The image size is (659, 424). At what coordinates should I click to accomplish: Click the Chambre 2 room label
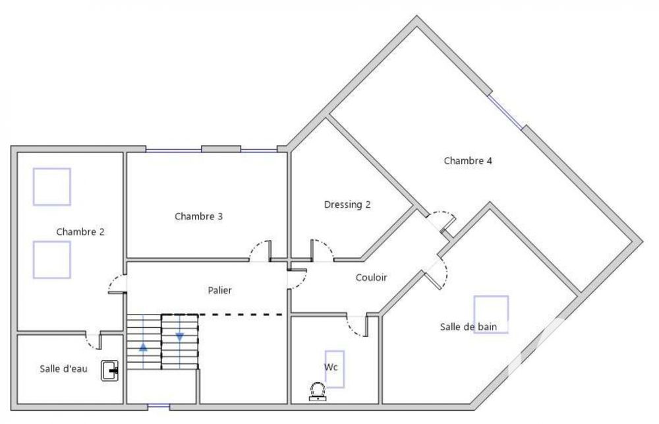pyautogui.click(x=80, y=231)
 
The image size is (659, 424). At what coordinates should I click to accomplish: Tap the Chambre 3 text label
pyautogui.click(x=198, y=216)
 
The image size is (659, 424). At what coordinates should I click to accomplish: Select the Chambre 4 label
pyautogui.click(x=468, y=160)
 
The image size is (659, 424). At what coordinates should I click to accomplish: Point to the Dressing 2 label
pyautogui.click(x=347, y=204)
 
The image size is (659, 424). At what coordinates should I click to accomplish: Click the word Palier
pyautogui.click(x=219, y=289)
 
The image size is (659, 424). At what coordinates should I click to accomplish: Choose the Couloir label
pyautogui.click(x=371, y=278)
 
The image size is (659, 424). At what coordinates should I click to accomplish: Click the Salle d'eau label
pyautogui.click(x=63, y=369)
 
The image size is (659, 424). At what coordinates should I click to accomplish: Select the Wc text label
pyautogui.click(x=330, y=366)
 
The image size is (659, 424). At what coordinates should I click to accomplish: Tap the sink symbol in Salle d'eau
pyautogui.click(x=109, y=371)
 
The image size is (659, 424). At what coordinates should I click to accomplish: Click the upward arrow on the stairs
pyautogui.click(x=143, y=347)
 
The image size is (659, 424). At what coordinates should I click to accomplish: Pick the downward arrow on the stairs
pyautogui.click(x=179, y=337)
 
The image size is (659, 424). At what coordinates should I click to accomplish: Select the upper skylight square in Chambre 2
pyautogui.click(x=52, y=187)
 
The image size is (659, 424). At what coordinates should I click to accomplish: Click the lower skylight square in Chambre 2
pyautogui.click(x=52, y=259)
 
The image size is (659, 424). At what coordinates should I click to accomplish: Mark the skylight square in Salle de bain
pyautogui.click(x=491, y=315)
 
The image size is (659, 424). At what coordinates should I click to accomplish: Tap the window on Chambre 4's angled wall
pyautogui.click(x=506, y=111)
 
